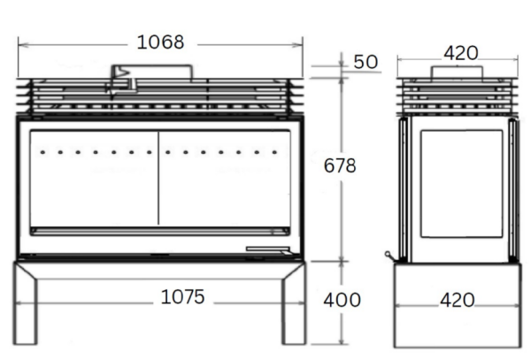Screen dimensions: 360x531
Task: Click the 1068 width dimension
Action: [x=160, y=42]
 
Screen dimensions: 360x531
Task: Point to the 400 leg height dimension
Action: [x=342, y=300]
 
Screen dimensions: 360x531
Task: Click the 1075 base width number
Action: [x=182, y=297]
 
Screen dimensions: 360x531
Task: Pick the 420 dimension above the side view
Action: [x=460, y=53]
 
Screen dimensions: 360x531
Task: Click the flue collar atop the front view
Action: [x=150, y=72]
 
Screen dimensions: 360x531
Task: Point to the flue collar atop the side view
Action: [x=455, y=72]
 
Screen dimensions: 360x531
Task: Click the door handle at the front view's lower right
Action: [x=266, y=249]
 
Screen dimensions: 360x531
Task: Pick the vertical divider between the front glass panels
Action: [x=158, y=177]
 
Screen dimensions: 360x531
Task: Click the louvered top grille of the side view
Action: [x=455, y=96]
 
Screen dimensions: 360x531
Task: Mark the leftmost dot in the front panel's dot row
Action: [x=42, y=152]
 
